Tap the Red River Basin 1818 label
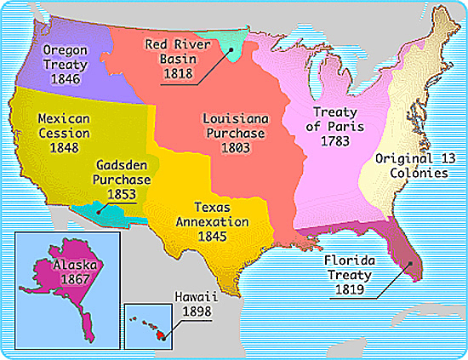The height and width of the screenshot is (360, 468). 179,58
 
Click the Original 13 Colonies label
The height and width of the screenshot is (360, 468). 412,165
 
